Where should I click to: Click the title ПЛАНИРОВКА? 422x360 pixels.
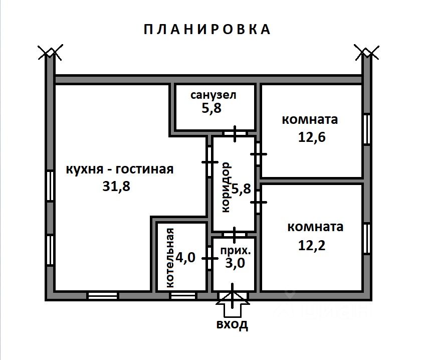207,30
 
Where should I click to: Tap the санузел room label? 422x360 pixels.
213,95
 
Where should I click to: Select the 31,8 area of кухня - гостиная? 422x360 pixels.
116,186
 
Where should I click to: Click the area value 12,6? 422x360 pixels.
312,137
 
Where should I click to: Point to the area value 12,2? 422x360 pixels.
312,245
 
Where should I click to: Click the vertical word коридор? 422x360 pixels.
226,188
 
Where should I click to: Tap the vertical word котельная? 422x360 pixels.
170,258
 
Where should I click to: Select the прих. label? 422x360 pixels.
236,251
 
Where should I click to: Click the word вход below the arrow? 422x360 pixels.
232,324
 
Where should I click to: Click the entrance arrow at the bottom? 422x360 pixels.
233,304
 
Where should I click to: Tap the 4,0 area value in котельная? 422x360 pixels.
185,257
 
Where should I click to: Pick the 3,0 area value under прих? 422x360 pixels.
235,263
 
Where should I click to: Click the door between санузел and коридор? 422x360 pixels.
235,133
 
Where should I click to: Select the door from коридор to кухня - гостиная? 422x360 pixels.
209,162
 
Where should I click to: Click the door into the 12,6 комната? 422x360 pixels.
258,154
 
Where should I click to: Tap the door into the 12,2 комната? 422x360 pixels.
258,202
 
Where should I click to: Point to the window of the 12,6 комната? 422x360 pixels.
366,129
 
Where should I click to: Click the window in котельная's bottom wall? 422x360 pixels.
183,296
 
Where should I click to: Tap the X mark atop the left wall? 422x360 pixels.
50,52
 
